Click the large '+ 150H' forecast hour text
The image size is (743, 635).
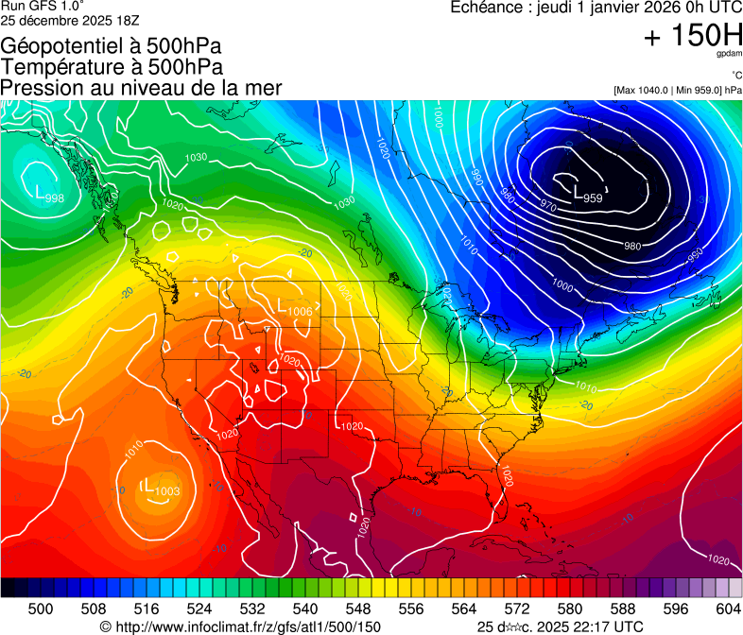(693, 37)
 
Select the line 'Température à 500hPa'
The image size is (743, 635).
(112, 66)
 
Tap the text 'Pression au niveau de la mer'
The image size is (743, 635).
(141, 88)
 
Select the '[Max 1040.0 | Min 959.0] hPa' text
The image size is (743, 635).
(678, 91)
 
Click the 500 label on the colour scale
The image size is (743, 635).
(41, 609)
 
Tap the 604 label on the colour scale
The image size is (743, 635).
(729, 609)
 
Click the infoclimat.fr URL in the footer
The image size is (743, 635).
(240, 626)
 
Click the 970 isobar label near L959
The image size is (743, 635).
(547, 204)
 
